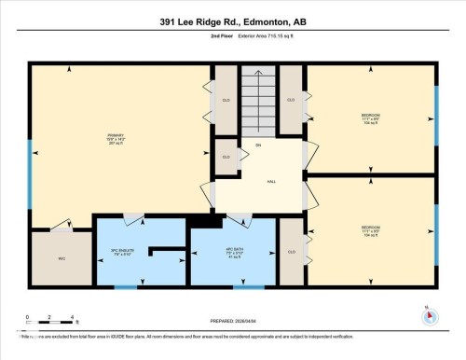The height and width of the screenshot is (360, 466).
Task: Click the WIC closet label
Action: [x=61, y=258]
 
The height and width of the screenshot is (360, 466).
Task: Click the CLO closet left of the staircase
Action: [x=226, y=99]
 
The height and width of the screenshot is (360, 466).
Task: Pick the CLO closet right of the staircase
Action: [x=291, y=99]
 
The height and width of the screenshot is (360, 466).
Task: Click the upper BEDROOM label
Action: [x=370, y=118]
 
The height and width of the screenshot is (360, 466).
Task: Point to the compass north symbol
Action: [x=428, y=313]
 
